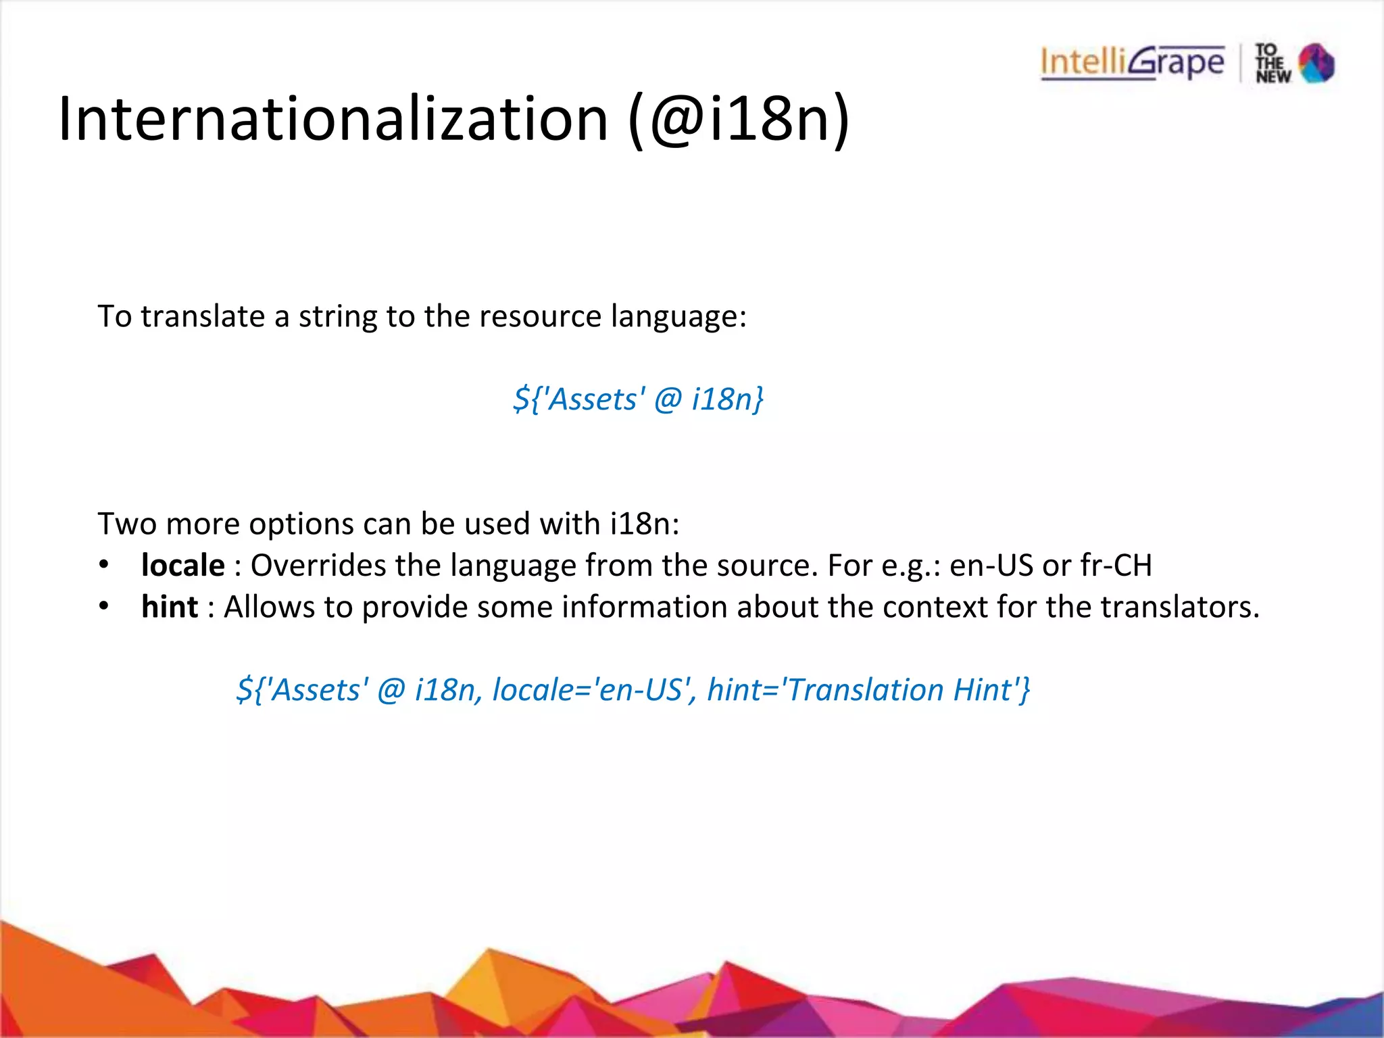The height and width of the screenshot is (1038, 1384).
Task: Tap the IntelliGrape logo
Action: pyautogui.click(x=1132, y=63)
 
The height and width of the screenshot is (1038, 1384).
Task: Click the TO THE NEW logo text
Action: pyautogui.click(x=1272, y=64)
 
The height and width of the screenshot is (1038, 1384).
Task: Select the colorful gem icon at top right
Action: pyautogui.click(x=1316, y=64)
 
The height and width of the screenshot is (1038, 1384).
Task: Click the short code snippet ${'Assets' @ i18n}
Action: pyautogui.click(x=638, y=399)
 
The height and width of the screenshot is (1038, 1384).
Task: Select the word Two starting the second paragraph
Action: pyautogui.click(x=127, y=524)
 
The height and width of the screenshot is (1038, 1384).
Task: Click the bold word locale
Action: pyautogui.click(x=182, y=566)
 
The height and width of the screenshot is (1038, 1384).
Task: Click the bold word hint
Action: pyautogui.click(x=170, y=607)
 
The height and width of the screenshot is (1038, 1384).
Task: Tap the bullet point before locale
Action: pyautogui.click(x=103, y=565)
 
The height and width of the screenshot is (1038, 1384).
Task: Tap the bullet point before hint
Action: pyautogui.click(x=103, y=606)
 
